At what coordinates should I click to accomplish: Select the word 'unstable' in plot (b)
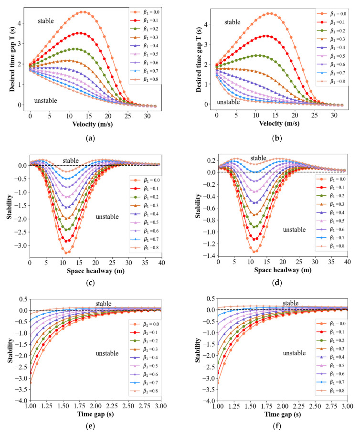[x=228, y=102]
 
